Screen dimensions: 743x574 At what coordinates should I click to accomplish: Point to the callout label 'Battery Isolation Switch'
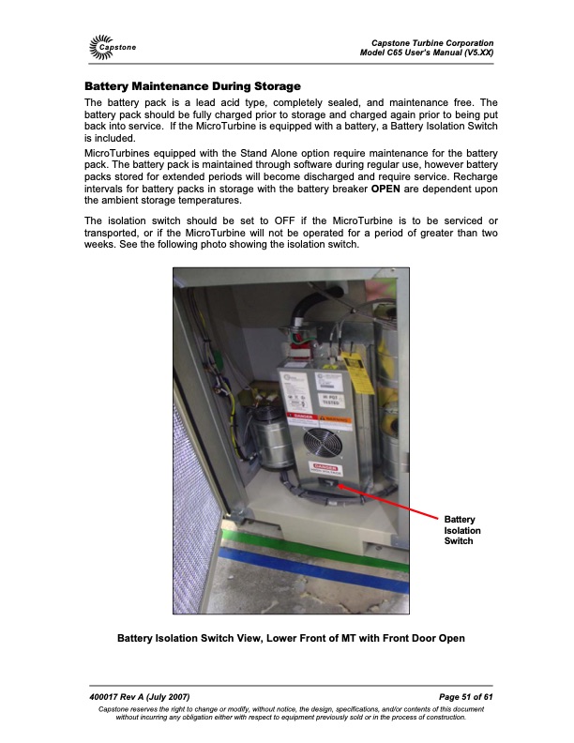pos(461,531)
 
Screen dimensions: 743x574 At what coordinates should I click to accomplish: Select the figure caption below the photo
pos(291,640)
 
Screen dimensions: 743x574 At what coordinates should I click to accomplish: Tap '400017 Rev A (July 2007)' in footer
pos(141,695)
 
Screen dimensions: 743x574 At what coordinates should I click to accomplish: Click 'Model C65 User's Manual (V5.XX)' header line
pos(427,53)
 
